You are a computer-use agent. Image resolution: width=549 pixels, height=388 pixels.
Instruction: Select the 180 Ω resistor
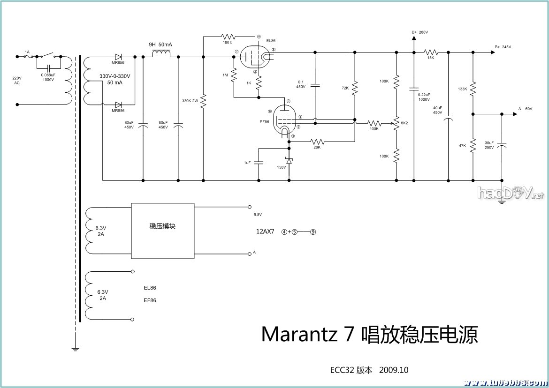point(229,36)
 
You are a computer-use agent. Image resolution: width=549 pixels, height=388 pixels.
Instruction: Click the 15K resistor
point(431,52)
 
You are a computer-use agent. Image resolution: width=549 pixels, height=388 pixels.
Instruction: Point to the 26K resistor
point(318,141)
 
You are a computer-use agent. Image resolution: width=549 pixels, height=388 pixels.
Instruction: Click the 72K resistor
point(355,88)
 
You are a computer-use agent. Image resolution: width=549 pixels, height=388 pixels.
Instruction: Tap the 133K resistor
point(473,88)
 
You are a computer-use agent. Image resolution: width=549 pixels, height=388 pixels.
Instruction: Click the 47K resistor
point(473,145)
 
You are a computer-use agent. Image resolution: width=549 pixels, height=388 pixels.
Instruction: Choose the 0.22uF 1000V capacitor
point(414,88)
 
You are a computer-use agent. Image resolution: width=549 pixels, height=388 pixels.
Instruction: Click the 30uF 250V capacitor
point(502,145)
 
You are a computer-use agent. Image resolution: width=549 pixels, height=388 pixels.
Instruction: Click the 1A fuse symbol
point(28,56)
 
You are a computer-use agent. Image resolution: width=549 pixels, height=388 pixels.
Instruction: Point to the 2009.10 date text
point(393,370)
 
